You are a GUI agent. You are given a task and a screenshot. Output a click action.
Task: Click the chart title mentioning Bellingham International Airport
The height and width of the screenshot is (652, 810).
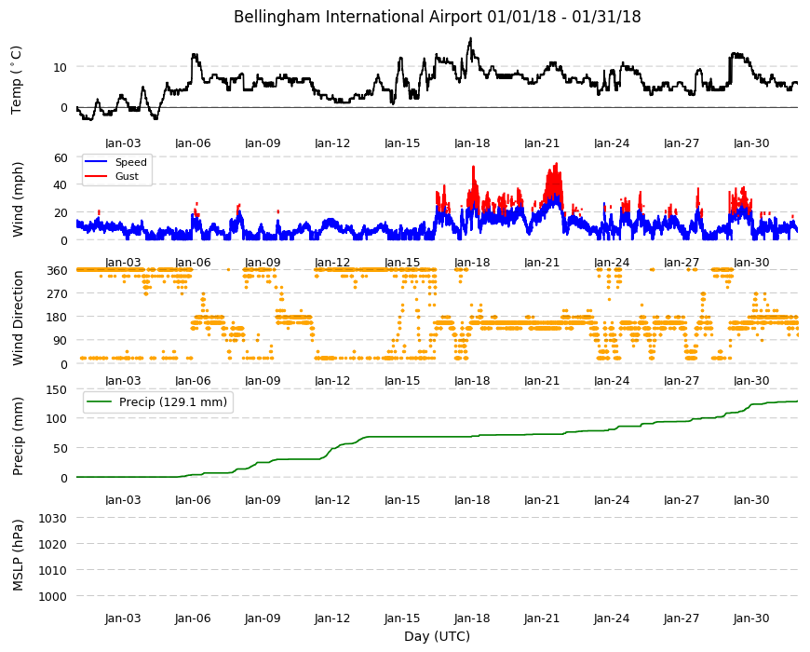pyautogui.click(x=437, y=17)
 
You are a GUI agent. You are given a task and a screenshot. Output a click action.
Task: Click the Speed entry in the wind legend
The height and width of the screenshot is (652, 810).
pyautogui.click(x=130, y=162)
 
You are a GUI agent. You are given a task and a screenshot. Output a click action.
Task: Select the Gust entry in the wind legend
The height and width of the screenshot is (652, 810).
pyautogui.click(x=127, y=176)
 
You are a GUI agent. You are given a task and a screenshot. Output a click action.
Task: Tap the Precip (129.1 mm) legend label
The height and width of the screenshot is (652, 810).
pyautogui.click(x=173, y=402)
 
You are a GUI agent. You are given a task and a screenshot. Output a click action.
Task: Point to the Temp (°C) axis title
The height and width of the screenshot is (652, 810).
pyautogui.click(x=16, y=79)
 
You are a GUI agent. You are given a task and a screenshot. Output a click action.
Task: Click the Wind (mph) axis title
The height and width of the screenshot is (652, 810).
pyautogui.click(x=18, y=199)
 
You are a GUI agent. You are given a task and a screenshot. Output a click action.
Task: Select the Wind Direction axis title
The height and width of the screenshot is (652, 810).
pyautogui.click(x=18, y=319)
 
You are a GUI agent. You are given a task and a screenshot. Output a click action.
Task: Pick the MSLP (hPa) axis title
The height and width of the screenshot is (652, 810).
pyautogui.click(x=18, y=555)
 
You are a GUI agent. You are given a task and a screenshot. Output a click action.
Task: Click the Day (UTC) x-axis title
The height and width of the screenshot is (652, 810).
pyautogui.click(x=437, y=636)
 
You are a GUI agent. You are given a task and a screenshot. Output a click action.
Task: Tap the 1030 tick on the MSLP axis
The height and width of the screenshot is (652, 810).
pyautogui.click(x=53, y=518)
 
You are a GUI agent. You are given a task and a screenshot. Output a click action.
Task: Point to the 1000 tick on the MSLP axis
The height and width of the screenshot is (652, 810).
pyautogui.click(x=53, y=596)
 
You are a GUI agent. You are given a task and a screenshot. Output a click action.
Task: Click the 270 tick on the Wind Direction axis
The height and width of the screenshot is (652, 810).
pyautogui.click(x=58, y=294)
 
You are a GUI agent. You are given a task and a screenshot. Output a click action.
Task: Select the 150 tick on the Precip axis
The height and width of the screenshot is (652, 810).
pyautogui.click(x=58, y=389)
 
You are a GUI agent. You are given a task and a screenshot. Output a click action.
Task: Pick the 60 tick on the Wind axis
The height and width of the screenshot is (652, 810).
pyautogui.click(x=61, y=157)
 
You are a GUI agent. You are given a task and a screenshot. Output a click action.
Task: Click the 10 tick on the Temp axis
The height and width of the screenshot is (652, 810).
pyautogui.click(x=61, y=67)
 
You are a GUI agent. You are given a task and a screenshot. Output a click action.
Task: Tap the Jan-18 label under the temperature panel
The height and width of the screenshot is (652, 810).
pyautogui.click(x=472, y=143)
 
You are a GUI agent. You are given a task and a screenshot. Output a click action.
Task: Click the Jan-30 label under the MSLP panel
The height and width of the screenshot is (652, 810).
pyautogui.click(x=751, y=618)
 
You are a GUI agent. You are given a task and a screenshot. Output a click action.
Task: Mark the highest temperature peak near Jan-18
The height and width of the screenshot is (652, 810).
pyautogui.click(x=470, y=39)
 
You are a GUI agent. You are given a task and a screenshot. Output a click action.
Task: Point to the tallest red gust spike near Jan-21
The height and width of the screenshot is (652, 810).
pyautogui.click(x=557, y=164)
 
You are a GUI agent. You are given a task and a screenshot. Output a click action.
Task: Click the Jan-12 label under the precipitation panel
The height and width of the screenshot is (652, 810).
pyautogui.click(x=332, y=500)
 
